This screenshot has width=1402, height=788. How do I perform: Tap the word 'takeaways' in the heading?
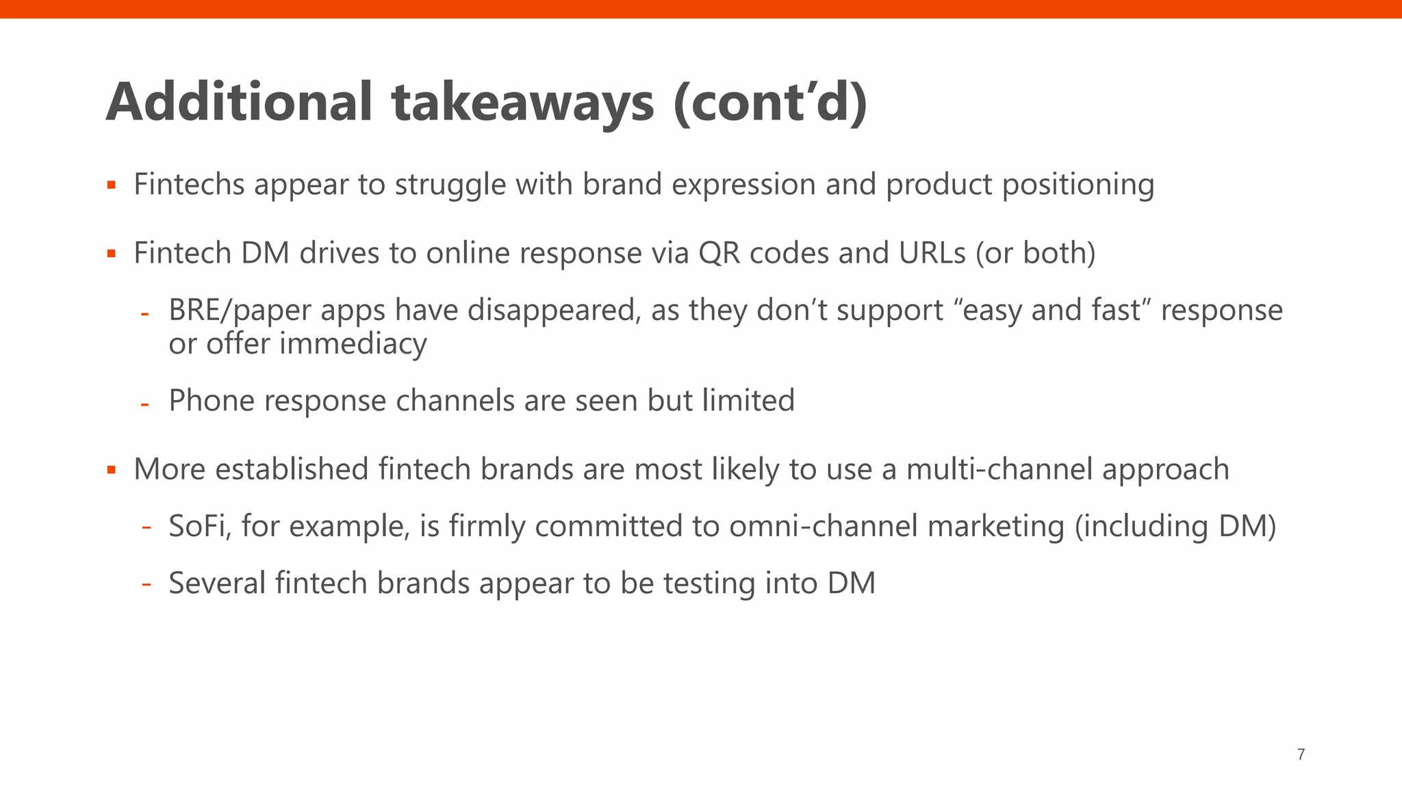(523, 103)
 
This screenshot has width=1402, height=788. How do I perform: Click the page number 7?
(1301, 754)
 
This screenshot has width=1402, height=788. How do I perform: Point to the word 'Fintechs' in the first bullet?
(189, 184)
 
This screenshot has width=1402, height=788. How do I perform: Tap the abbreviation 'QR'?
(719, 253)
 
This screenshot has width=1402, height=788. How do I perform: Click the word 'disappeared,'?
(555, 311)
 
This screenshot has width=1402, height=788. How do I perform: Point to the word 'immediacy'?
(353, 343)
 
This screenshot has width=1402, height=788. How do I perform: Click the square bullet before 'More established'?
(112, 470)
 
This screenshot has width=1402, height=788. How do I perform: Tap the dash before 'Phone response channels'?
(144, 404)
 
